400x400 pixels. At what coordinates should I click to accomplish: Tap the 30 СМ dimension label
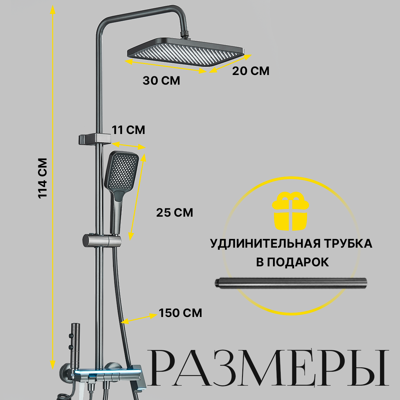(161, 81)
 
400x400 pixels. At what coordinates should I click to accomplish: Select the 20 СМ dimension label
(251, 71)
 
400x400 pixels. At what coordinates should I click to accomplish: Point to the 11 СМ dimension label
(128, 130)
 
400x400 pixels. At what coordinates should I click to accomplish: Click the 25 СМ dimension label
(175, 212)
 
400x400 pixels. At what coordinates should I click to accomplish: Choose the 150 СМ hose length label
(180, 313)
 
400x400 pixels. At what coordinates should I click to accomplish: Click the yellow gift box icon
(291, 211)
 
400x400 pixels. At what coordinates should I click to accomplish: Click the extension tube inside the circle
(290, 283)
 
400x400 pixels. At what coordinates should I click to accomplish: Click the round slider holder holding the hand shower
(100, 240)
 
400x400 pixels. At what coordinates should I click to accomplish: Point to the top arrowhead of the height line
(52, 10)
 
